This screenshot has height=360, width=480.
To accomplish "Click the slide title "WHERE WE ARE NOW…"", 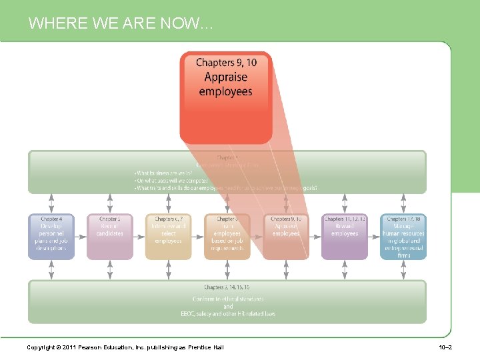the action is [x=121, y=24].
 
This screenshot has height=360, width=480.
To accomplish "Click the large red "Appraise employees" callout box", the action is [x=226, y=97].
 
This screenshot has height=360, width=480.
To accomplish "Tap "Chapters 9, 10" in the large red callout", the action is [x=226, y=63].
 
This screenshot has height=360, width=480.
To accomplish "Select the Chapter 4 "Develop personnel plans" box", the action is [x=51, y=236].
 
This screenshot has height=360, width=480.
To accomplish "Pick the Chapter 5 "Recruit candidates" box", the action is [x=110, y=236].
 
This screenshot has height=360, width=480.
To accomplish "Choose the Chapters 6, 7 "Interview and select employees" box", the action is [x=168, y=236].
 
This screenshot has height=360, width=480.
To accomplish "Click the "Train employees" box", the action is [x=227, y=236].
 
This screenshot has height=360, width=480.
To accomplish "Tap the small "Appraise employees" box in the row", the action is [x=286, y=236].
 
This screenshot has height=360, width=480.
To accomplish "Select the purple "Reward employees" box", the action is [x=344, y=236].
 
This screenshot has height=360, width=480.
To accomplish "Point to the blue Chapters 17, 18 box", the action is [x=403, y=236].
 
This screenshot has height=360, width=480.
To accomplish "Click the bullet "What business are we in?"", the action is [x=163, y=173].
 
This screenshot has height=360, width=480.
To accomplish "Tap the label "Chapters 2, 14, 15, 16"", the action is [x=227, y=287].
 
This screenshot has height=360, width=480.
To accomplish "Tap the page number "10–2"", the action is [x=446, y=348].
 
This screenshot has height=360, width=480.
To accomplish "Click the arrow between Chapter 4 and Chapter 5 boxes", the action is [x=81, y=236].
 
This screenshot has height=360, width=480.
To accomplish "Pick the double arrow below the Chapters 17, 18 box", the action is [x=403, y=269].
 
